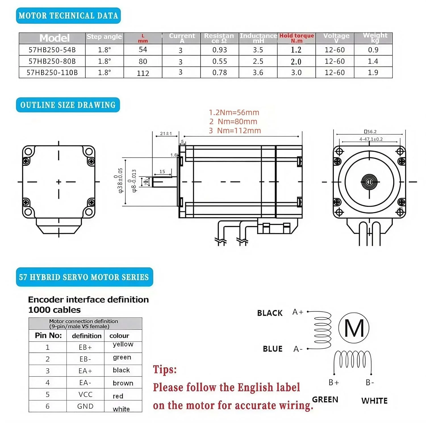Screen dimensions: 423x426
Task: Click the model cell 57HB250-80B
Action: pos(52,61)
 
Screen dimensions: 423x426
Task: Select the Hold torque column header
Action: pos(296,38)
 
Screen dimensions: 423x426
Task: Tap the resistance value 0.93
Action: pos(220,50)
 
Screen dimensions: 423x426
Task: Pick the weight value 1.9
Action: pos(373,73)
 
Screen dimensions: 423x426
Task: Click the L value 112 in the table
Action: pos(143,73)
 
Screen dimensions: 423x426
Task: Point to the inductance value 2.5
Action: pos(258,61)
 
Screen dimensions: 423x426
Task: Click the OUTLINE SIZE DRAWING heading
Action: pos(68,105)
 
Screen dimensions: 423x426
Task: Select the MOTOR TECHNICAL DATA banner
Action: pos(68,16)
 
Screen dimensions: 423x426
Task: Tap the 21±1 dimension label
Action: pos(166,134)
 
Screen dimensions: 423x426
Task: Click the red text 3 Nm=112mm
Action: pos(235,131)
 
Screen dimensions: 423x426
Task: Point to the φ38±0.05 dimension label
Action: pos(120,181)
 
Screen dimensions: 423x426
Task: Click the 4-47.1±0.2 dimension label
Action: pos(371,139)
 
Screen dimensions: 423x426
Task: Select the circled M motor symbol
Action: pos(354,328)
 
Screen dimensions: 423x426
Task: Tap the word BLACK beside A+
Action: pos(270,313)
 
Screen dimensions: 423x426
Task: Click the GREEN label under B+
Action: pos(325,400)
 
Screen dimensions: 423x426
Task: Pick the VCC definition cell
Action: pos(85,395)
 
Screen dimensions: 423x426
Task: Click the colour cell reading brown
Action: pos(123,383)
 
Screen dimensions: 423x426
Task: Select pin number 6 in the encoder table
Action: pos(47,407)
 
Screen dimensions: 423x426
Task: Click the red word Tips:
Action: pos(165,370)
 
